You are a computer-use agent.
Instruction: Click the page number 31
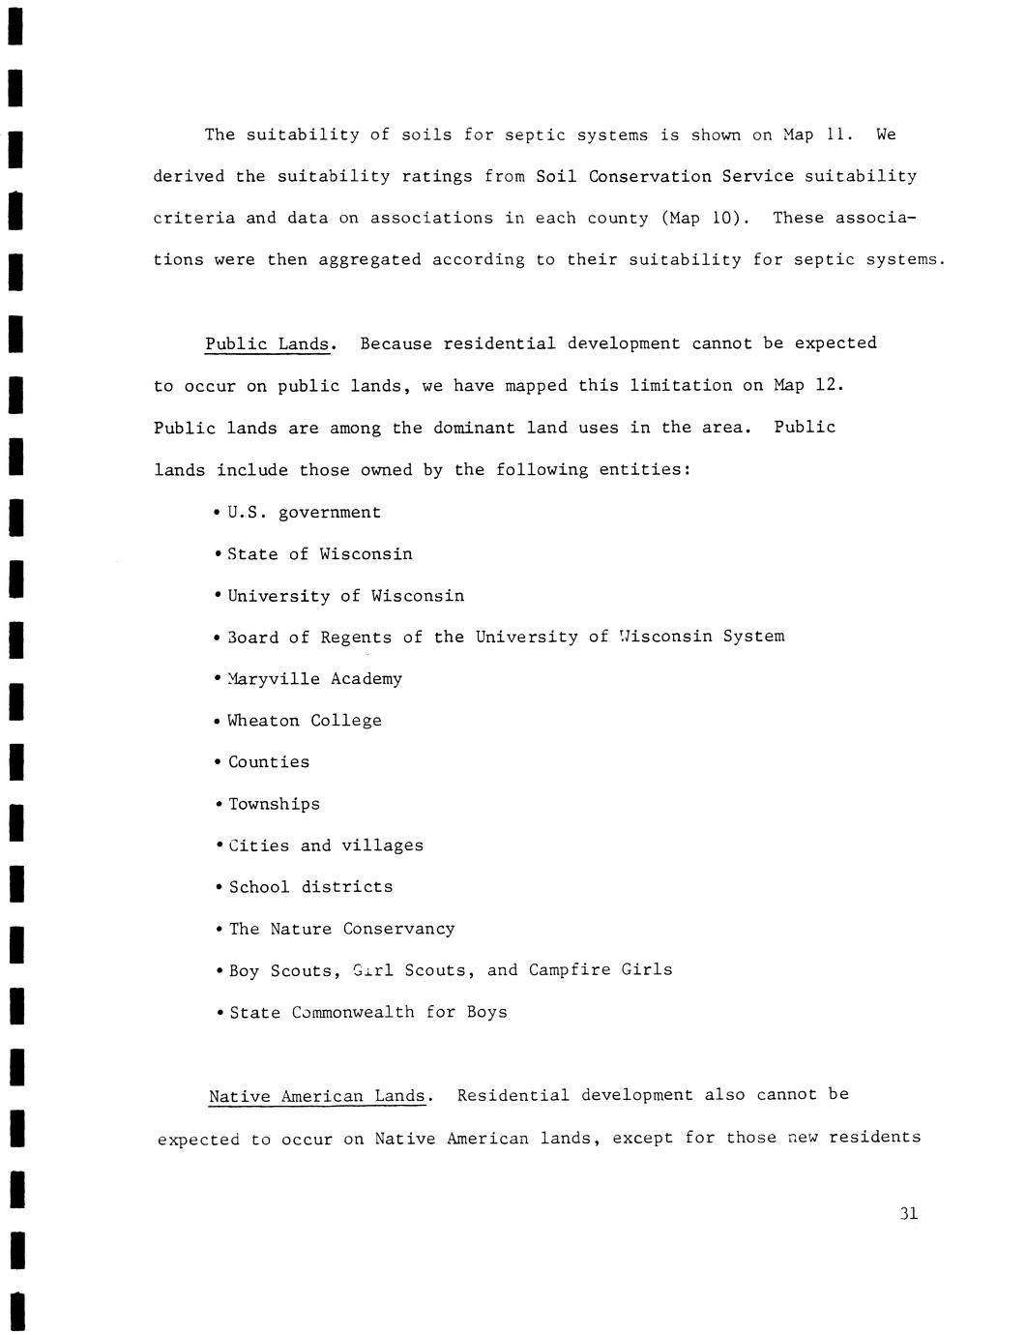point(908,1213)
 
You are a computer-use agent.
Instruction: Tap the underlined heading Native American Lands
point(317,1096)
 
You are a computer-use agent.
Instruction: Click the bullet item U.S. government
point(304,513)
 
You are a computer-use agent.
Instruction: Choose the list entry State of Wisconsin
point(319,554)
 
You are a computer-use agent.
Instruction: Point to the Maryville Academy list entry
point(314,679)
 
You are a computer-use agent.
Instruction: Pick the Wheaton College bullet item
point(304,721)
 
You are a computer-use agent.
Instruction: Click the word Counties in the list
point(269,762)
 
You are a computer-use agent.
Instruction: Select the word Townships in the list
point(274,804)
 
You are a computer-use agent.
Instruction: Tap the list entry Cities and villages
point(326,845)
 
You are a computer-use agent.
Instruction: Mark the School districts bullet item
point(310,887)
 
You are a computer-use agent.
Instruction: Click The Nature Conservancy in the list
point(341,929)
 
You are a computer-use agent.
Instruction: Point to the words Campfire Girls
point(600,969)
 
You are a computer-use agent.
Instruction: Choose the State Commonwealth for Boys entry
point(367,1013)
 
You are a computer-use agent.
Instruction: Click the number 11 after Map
point(836,134)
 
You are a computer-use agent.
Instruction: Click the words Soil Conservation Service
point(664,176)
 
